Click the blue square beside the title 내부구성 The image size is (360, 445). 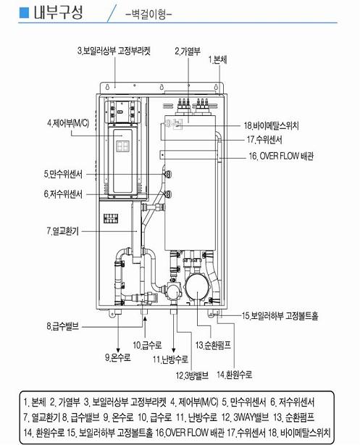24,12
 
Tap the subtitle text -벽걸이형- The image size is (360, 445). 149,14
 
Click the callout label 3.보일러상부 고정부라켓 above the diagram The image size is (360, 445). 114,51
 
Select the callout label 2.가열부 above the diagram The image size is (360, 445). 188,51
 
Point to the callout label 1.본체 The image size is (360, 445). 218,60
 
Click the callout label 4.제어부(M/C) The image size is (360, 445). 68,123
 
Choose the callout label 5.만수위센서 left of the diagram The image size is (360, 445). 63,174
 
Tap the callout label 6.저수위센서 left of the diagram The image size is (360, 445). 63,194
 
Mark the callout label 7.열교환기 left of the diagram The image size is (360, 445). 63,231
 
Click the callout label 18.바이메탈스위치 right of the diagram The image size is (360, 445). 272,125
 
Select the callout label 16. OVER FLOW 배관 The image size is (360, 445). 281,156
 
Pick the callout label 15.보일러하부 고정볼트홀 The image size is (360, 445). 280,315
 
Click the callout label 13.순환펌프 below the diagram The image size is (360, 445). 213,345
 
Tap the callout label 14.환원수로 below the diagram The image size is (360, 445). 235,375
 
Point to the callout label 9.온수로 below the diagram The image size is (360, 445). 118,357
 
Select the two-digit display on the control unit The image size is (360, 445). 122,146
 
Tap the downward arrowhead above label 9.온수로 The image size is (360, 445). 118,350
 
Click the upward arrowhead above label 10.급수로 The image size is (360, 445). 145,319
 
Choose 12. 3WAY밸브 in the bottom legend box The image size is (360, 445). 245,417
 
